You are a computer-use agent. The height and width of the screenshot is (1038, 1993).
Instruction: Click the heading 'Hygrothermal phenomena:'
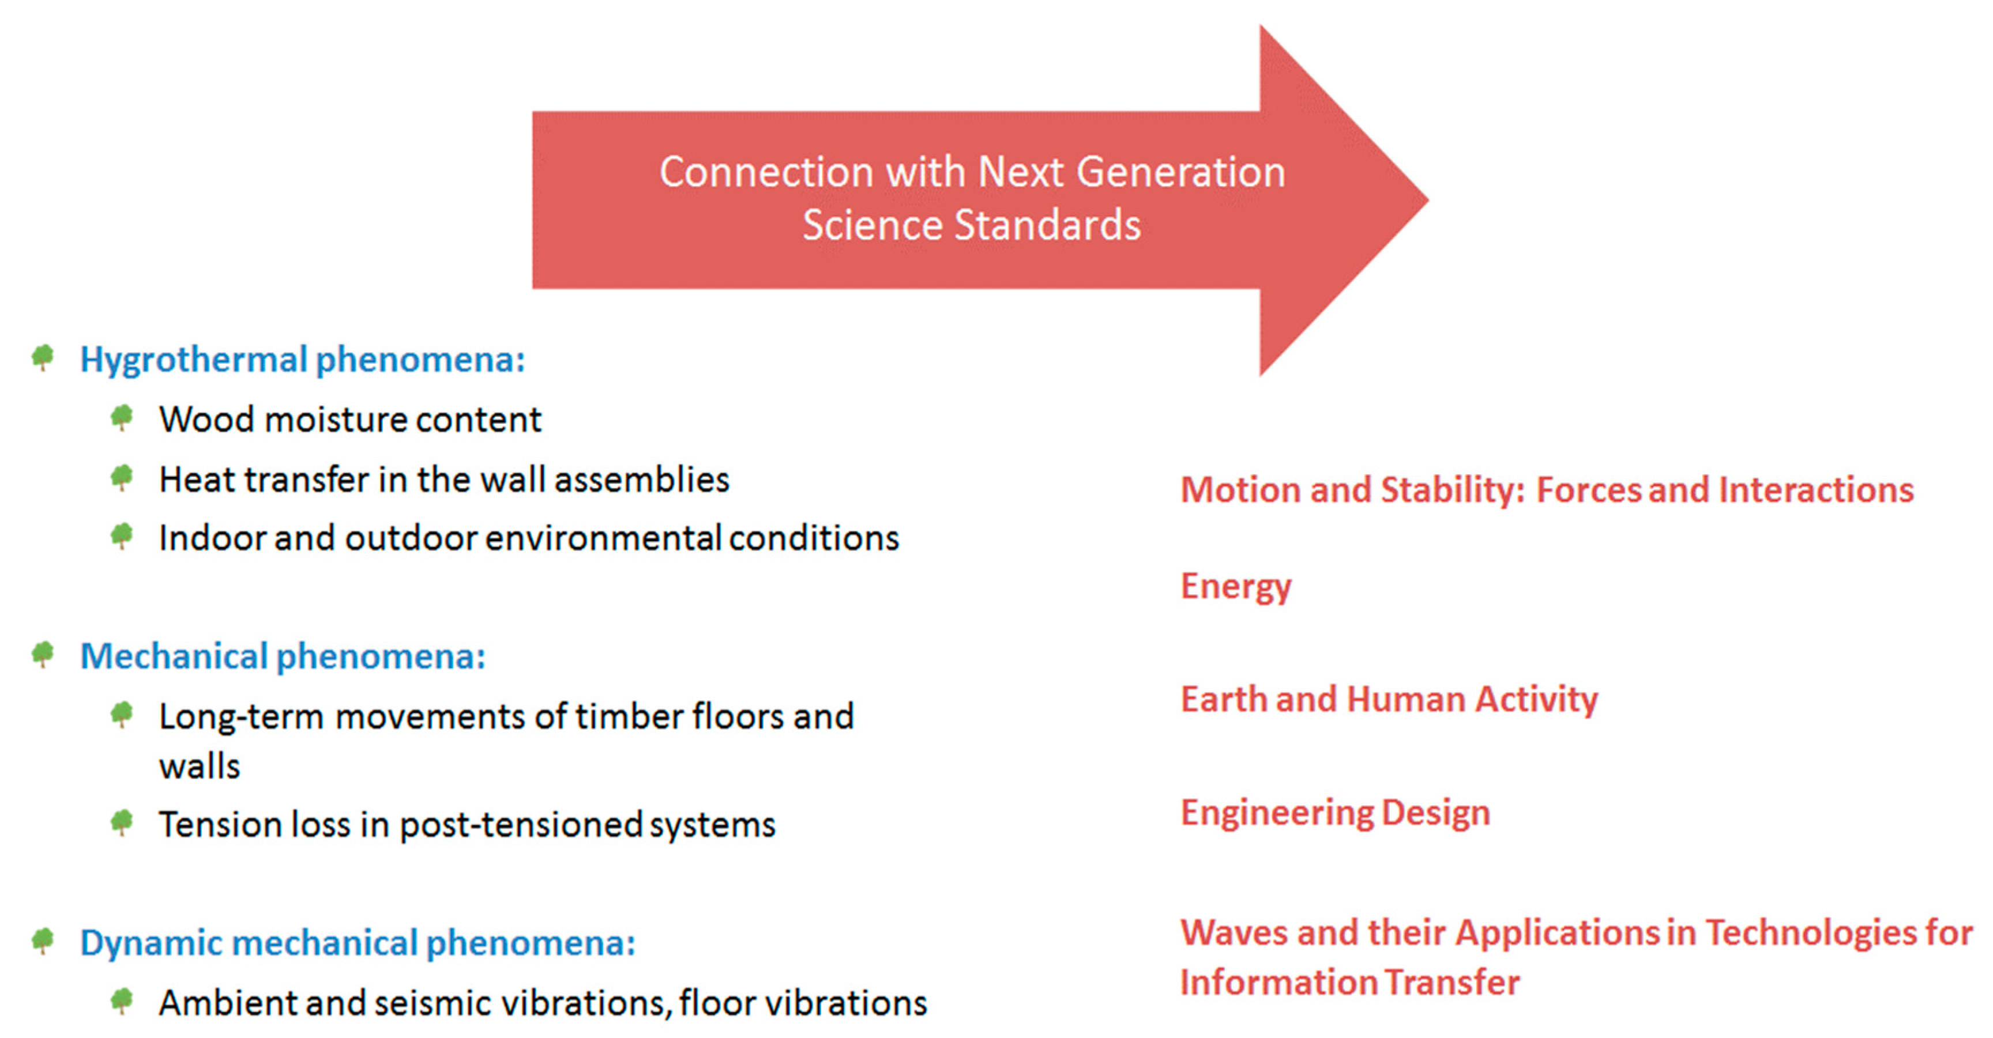click(303, 360)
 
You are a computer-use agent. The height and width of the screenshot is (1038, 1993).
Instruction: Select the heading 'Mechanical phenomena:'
click(283, 656)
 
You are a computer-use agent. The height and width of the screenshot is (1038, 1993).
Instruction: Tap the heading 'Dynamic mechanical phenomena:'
click(358, 943)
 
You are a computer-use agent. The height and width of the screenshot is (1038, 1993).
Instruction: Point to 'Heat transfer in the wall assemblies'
click(444, 480)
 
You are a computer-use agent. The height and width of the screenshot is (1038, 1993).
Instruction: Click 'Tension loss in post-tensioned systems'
click(467, 825)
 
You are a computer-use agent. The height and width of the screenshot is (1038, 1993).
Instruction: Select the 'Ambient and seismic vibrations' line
click(543, 1003)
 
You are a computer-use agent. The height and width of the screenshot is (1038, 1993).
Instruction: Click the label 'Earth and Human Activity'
click(1389, 700)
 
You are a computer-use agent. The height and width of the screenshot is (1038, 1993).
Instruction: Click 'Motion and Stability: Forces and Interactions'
click(1547, 490)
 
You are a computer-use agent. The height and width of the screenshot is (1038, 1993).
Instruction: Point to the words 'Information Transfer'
click(1350, 982)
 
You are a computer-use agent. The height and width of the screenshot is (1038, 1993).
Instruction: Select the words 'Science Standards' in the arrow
click(972, 225)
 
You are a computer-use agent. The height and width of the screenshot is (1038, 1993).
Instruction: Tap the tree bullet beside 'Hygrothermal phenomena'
click(43, 357)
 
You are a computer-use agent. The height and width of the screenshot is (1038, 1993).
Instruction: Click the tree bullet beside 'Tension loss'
click(122, 822)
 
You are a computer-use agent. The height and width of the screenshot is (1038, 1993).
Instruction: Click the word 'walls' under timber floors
click(200, 767)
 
